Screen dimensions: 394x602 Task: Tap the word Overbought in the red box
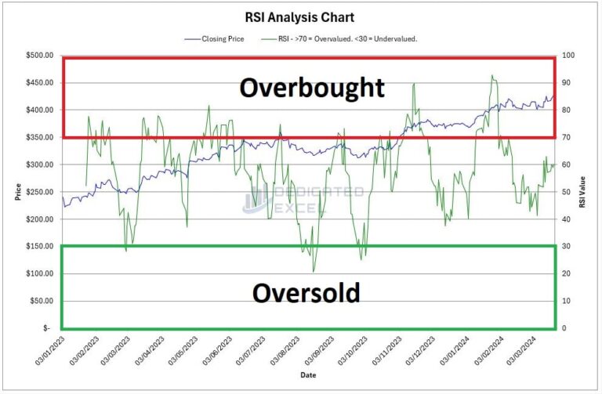pos(312,87)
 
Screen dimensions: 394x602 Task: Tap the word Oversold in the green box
pos(306,293)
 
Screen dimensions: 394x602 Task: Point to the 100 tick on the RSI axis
pos(568,56)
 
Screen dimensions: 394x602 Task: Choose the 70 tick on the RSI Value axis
pos(566,138)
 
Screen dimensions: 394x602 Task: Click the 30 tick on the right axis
pos(566,247)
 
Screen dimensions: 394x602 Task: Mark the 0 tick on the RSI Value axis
pos(564,328)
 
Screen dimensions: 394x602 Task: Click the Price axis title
pos(17,192)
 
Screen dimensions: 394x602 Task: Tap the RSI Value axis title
pos(582,192)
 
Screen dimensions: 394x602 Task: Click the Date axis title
pos(309,376)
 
